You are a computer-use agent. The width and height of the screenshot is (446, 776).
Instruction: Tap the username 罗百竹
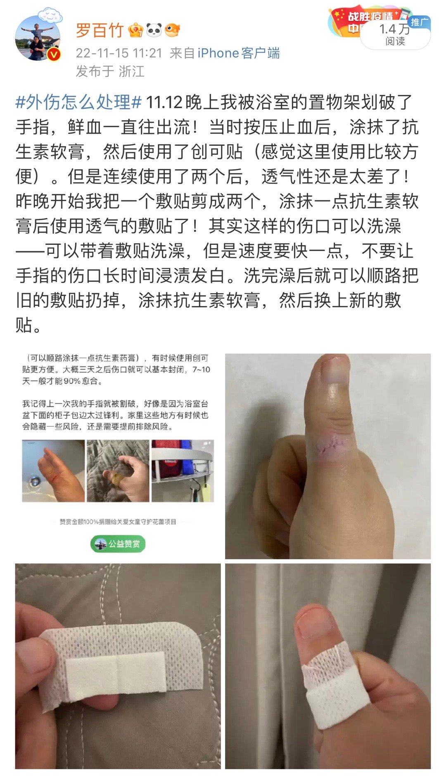point(100,30)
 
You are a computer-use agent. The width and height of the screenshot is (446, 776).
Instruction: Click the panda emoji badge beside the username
point(154,30)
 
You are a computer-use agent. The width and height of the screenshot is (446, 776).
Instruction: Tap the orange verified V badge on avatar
point(54,54)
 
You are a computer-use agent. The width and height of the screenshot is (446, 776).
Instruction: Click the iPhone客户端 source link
point(238,53)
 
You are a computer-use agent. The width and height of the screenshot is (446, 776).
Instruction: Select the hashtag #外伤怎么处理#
point(78,102)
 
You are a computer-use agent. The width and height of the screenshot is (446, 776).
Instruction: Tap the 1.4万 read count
point(394,29)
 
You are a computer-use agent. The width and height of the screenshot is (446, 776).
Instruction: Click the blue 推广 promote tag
point(420,21)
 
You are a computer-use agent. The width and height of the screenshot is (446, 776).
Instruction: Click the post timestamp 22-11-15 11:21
point(119,53)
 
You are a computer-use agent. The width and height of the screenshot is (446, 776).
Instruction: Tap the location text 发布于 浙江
point(110,71)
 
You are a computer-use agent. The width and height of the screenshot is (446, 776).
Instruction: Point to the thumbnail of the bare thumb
point(328,456)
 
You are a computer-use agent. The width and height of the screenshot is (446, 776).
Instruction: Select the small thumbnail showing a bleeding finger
point(53,471)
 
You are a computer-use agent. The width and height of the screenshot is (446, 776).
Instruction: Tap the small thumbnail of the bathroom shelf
point(183,471)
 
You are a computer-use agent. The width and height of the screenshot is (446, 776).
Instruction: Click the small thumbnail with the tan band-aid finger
point(118,471)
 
